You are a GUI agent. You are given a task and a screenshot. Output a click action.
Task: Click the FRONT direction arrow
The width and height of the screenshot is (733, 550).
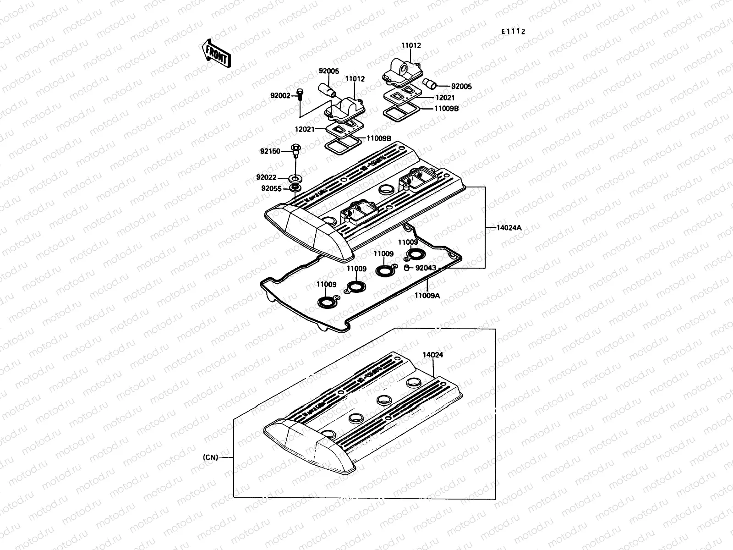(214, 52)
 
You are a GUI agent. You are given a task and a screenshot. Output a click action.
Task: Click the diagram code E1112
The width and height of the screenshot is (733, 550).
(512, 32)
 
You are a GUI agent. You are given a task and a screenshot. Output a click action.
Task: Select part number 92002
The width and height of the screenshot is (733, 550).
(280, 96)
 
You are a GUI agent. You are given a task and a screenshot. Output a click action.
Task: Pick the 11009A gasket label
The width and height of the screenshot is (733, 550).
(427, 296)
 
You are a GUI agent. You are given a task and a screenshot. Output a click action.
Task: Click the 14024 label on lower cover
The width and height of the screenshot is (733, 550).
(432, 355)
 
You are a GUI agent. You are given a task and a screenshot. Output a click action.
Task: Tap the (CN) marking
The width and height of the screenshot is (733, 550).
(210, 457)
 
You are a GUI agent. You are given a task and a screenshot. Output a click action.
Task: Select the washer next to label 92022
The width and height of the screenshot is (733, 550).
(295, 177)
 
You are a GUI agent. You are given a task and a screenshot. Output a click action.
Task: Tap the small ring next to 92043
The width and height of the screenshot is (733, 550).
(406, 268)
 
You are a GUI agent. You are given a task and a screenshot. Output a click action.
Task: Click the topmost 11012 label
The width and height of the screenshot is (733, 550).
(411, 46)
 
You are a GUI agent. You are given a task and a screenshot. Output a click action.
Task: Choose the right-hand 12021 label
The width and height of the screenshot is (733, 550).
(445, 98)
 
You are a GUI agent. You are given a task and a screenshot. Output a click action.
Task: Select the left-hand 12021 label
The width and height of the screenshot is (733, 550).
(304, 129)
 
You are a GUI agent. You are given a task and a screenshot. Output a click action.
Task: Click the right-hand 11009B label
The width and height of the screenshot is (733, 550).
(445, 109)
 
